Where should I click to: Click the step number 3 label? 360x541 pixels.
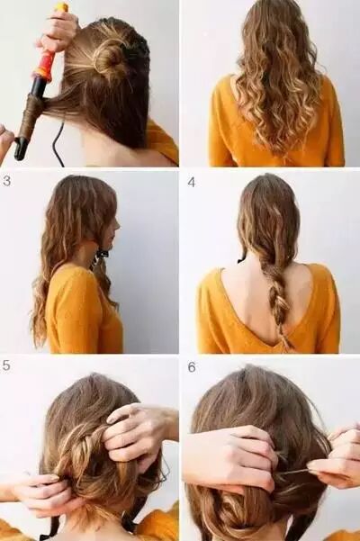click(x=6, y=181)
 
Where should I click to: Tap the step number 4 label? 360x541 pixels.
click(x=192, y=182)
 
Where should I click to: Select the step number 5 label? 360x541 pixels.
click(x=6, y=365)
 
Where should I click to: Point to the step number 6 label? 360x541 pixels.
click(x=192, y=367)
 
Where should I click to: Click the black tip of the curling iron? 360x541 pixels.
click(x=20, y=149)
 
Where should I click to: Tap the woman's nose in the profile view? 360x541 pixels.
click(x=118, y=223)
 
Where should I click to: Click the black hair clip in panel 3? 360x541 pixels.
click(x=101, y=254)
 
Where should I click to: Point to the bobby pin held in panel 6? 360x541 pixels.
click(x=293, y=472)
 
